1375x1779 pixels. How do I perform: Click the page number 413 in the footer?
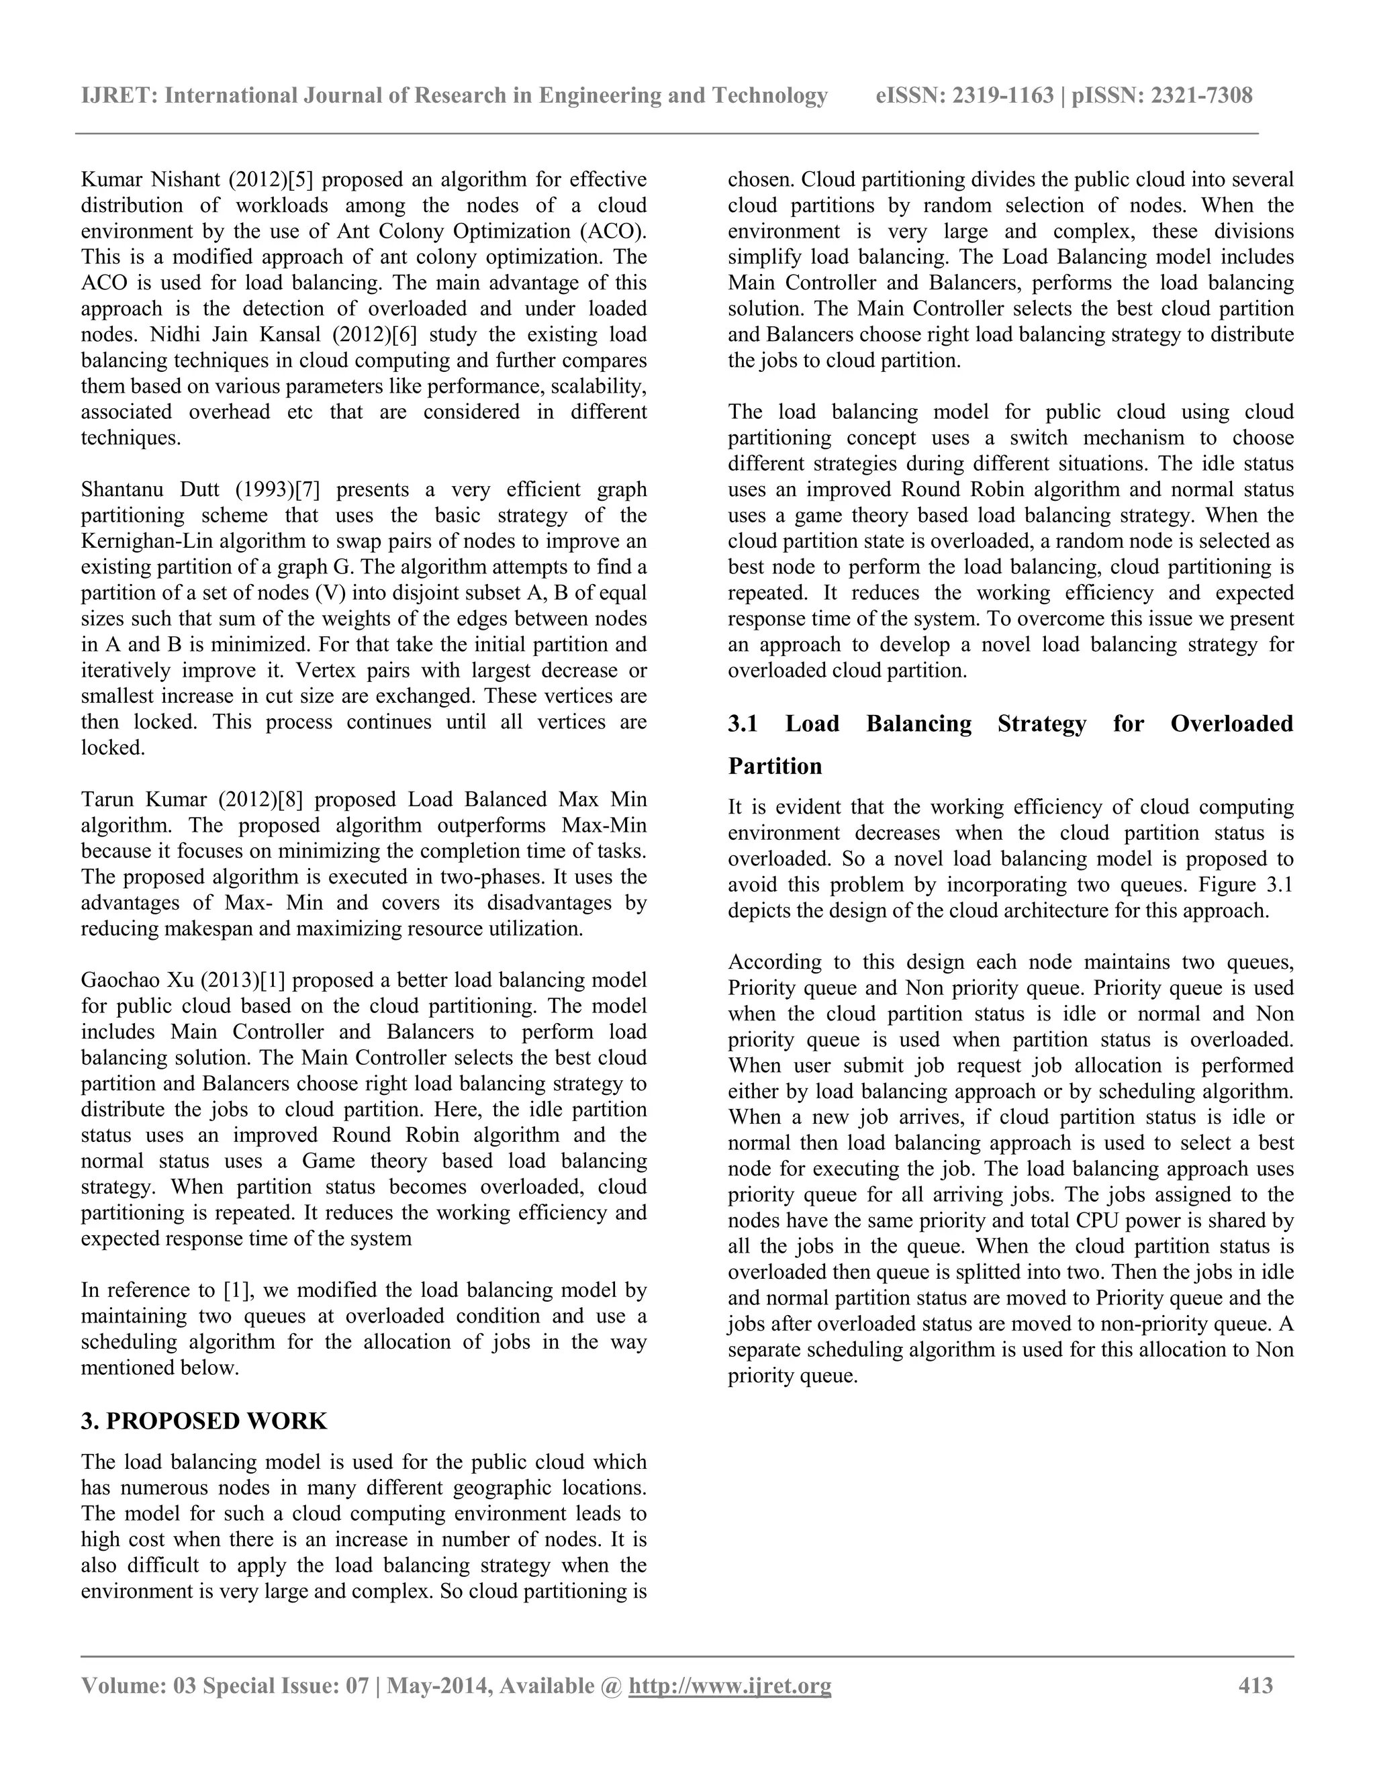click(1255, 1685)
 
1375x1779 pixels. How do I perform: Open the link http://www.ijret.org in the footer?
click(730, 1685)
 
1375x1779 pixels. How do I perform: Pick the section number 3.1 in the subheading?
click(743, 724)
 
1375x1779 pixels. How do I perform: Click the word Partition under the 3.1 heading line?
click(775, 767)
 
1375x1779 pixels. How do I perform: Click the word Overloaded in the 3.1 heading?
click(1231, 724)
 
